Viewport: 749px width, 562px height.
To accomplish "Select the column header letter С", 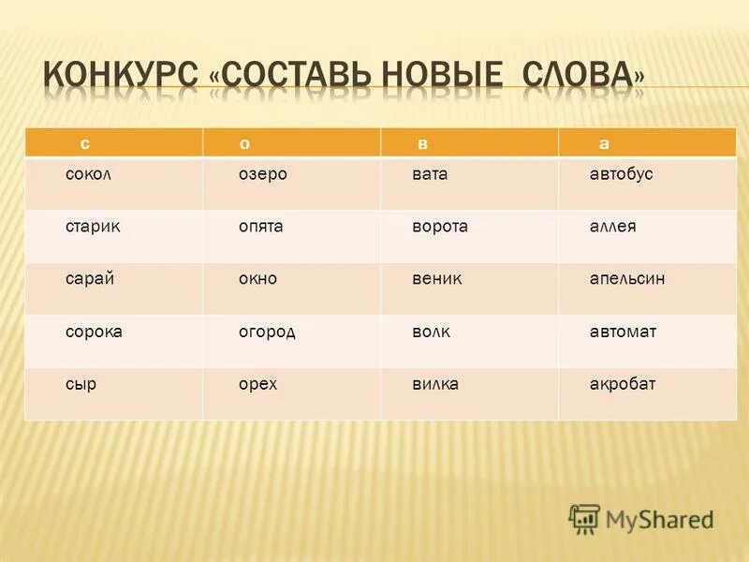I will pos(84,143).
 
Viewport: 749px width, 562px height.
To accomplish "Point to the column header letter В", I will pos(423,143).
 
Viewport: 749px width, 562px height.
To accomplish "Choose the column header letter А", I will pos(604,143).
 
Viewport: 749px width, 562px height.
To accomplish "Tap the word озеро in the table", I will pos(262,174).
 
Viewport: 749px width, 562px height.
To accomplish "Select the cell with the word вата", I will pos(431,174).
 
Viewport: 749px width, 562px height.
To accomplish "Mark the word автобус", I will pos(622,174).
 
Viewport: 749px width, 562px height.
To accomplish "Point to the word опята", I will pos(262,227).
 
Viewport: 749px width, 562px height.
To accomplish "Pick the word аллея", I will pos(613,227).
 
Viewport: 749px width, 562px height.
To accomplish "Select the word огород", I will pos(267,332).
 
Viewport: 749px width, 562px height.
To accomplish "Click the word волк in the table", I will pos(431,332).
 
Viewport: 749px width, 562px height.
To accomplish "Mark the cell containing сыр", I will pos(81,384).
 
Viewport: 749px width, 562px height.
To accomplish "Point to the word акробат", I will pos(623,384).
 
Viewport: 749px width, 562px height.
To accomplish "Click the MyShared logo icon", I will pos(585,519).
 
